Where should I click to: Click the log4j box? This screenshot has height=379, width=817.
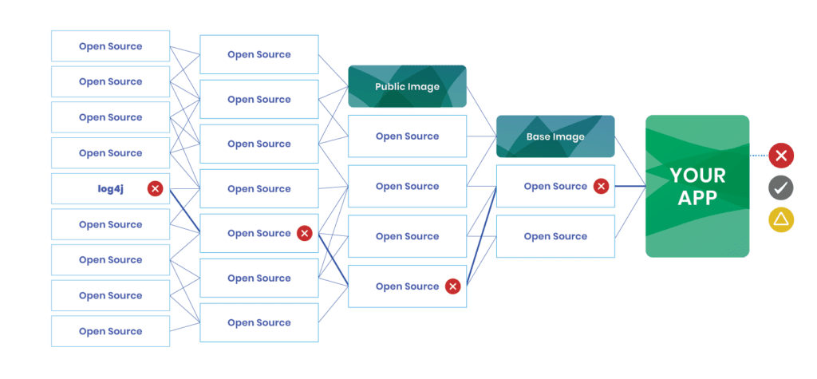(x=110, y=189)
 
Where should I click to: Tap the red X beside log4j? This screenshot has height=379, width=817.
(x=156, y=189)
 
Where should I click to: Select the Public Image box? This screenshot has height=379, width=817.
(x=407, y=86)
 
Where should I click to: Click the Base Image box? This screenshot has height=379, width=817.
(x=555, y=136)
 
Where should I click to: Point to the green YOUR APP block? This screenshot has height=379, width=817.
(x=697, y=186)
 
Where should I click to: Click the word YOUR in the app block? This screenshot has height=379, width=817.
(x=697, y=176)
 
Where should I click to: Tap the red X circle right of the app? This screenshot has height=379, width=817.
(x=781, y=156)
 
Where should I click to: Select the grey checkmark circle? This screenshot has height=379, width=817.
(x=781, y=188)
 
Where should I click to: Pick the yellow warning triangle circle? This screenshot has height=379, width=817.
(x=781, y=219)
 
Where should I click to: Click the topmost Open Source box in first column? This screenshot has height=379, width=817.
(x=110, y=46)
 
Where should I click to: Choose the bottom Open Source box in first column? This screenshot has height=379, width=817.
(x=110, y=331)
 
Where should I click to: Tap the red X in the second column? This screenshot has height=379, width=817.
(x=304, y=234)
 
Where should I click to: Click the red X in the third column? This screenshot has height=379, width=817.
(x=452, y=286)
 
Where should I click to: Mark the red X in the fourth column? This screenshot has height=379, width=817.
(x=601, y=187)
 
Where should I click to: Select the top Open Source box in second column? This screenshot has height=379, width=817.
(x=259, y=55)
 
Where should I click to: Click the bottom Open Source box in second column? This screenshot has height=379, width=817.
(x=259, y=323)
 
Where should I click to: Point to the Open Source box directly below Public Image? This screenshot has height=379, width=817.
(x=407, y=136)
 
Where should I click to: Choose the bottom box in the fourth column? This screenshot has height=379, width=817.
(x=555, y=236)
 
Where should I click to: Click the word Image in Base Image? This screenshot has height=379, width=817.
(x=570, y=137)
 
